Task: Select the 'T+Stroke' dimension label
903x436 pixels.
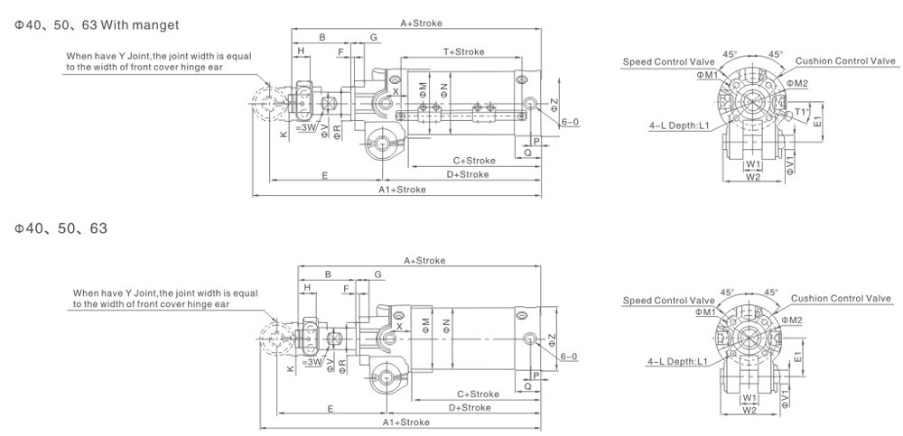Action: click(x=463, y=51)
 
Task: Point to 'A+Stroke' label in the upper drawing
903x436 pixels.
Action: click(x=421, y=23)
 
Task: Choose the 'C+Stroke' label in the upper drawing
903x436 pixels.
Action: click(x=474, y=160)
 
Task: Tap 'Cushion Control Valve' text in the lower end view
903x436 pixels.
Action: click(x=841, y=299)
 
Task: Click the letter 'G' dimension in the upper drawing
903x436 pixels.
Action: click(x=374, y=36)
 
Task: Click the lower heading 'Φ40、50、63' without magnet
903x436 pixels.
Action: click(x=61, y=228)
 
